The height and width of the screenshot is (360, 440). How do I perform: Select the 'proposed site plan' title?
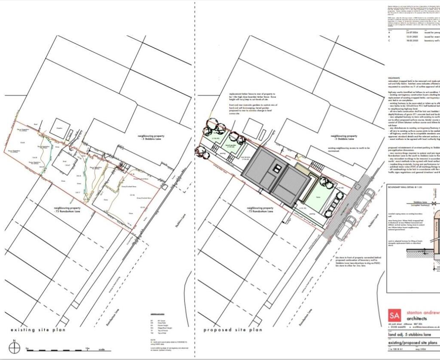232,330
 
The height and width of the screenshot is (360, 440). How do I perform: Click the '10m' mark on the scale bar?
87,348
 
